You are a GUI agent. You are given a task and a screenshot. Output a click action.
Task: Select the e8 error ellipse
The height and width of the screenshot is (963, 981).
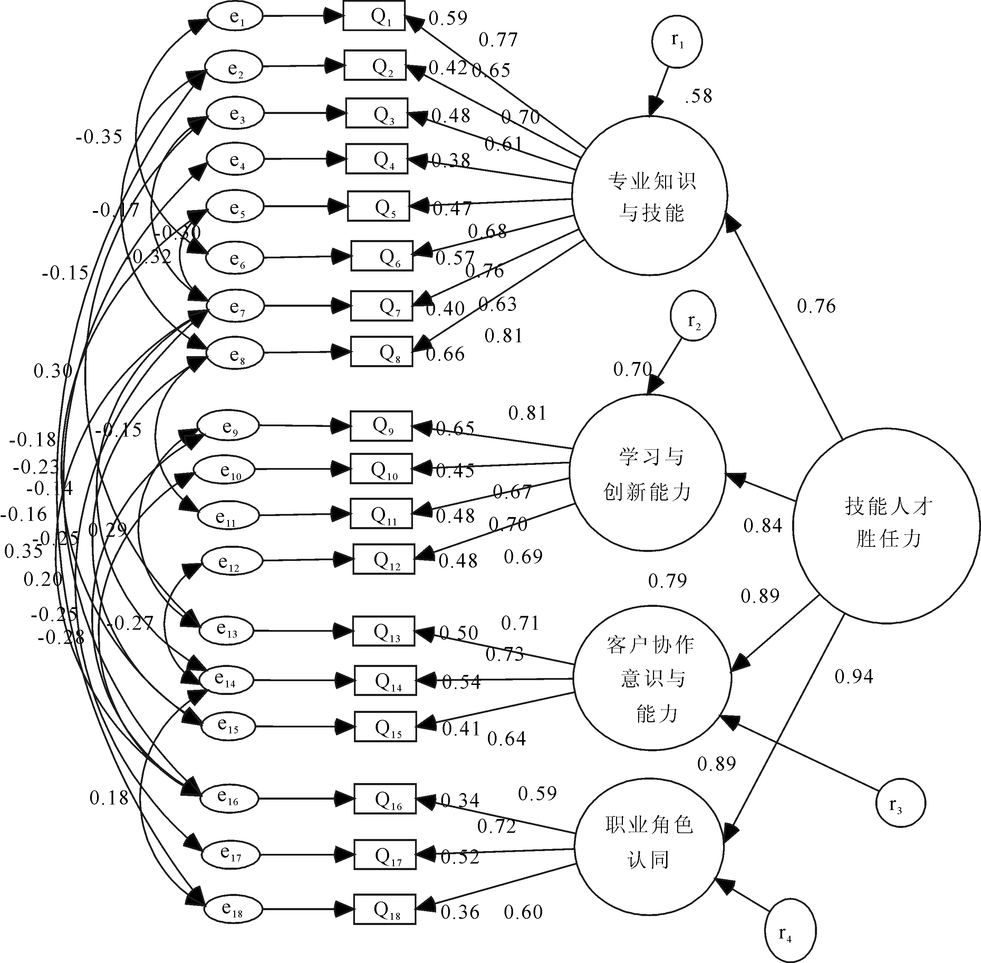[x=235, y=353]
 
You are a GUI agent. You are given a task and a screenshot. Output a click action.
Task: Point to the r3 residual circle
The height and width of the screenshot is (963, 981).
[x=901, y=803]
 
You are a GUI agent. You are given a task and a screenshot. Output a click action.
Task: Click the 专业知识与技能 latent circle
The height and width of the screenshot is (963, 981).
[x=650, y=196]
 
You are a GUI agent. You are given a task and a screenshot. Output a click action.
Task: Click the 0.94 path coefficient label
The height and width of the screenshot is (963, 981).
[x=854, y=677]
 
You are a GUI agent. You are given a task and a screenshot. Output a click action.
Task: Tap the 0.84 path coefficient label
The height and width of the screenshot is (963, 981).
[x=762, y=526]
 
